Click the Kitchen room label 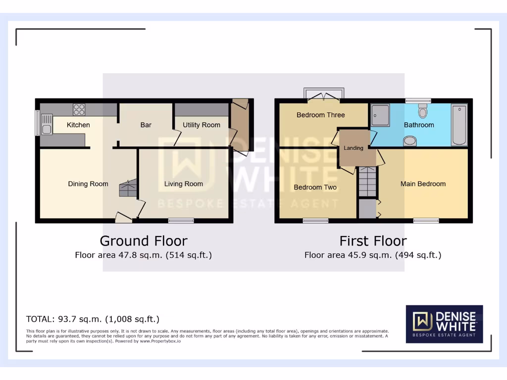click(x=78, y=125)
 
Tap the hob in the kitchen click(x=79, y=109)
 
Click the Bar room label click(x=146, y=125)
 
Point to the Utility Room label click(x=201, y=125)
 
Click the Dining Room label click(x=88, y=184)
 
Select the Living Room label click(x=183, y=184)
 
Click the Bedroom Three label click(x=320, y=115)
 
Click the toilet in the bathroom click(x=422, y=111)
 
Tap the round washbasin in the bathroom click(x=410, y=142)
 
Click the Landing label click(x=354, y=148)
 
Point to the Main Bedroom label click(x=423, y=184)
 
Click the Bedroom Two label click(x=315, y=188)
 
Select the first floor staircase click(x=367, y=182)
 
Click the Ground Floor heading click(x=144, y=241)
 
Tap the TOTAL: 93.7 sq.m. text click(x=93, y=319)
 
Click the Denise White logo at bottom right click(x=444, y=324)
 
